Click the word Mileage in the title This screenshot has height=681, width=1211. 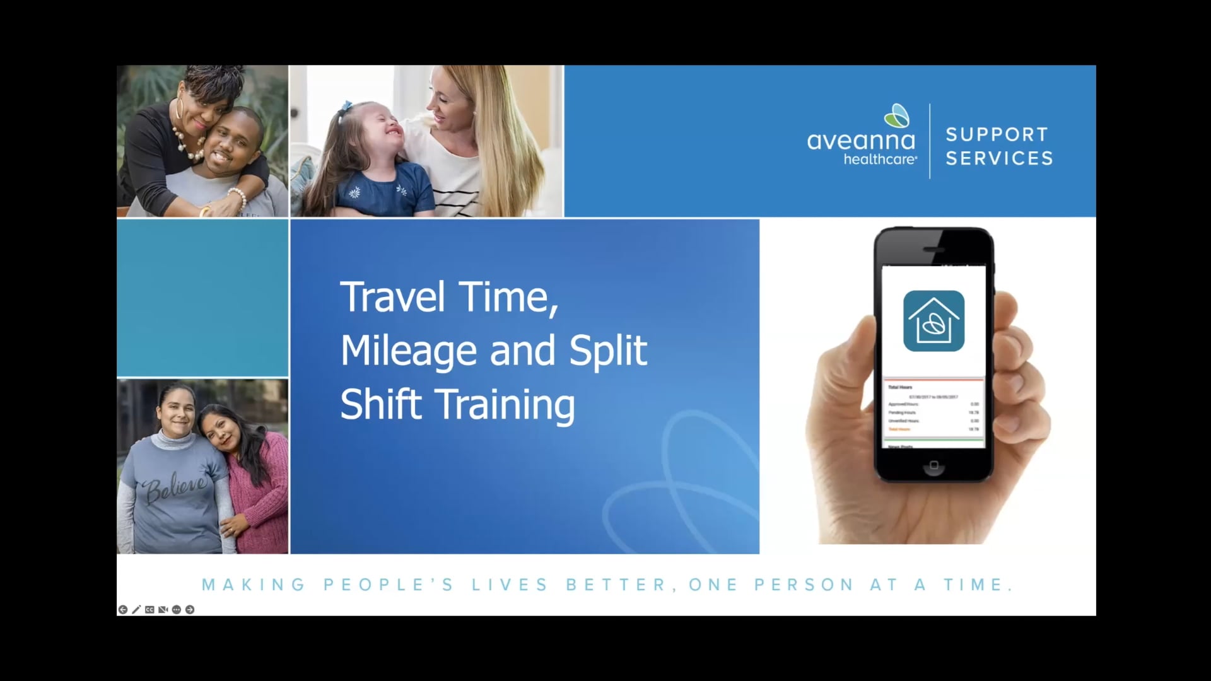tap(408, 351)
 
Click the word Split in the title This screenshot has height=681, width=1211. tap(608, 351)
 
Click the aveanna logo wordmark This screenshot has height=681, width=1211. tap(860, 141)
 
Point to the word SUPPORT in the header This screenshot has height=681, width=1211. tap(997, 134)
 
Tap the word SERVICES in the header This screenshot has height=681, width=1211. tap(999, 158)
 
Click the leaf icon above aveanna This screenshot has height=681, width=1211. tap(897, 116)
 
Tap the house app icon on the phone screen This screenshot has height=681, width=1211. tap(933, 321)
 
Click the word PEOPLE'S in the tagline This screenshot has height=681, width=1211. tap(389, 585)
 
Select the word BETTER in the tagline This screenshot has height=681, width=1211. tap(616, 585)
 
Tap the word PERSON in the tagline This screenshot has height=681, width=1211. tap(804, 585)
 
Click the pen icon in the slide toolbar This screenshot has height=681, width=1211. tap(136, 610)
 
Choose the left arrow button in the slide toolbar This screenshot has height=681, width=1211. tap(123, 610)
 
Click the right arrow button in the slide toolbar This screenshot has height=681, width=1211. tap(190, 610)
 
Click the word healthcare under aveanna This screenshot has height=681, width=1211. tap(880, 160)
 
